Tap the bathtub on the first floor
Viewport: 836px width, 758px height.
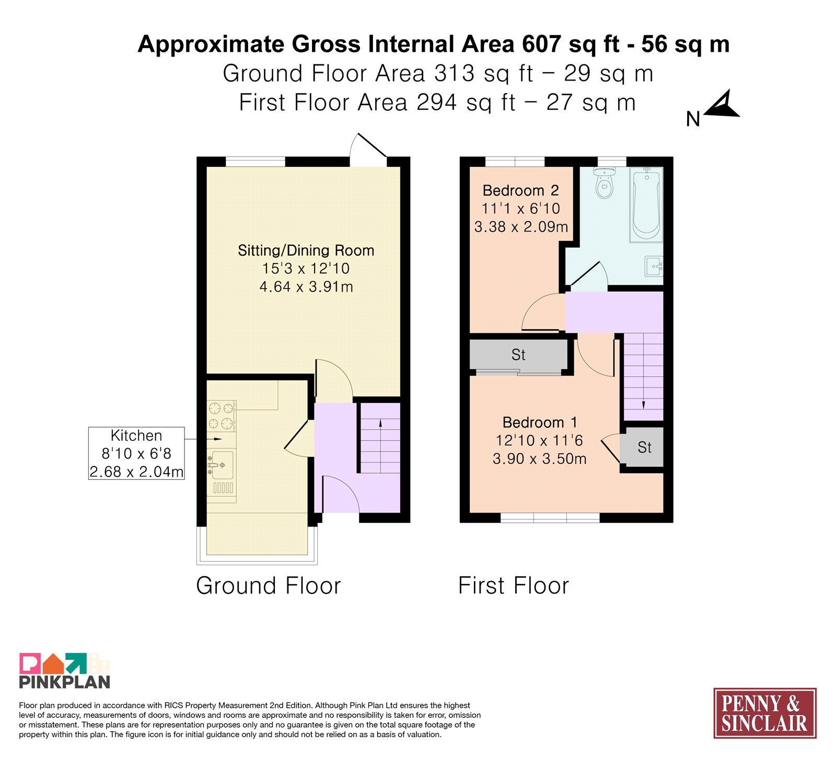646,204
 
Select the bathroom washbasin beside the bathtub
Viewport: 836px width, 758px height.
654,266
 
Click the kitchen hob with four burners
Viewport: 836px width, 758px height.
222,416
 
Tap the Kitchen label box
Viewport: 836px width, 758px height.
136,453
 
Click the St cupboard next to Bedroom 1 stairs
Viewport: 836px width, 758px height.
642,447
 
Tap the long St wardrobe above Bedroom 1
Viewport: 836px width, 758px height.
518,355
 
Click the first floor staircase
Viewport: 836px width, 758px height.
644,377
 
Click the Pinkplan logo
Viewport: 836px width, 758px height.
65,671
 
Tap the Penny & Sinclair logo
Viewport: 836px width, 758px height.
765,713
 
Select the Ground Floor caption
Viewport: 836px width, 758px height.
269,585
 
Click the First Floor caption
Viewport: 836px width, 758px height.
514,585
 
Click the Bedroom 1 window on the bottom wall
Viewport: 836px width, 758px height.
550,518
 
